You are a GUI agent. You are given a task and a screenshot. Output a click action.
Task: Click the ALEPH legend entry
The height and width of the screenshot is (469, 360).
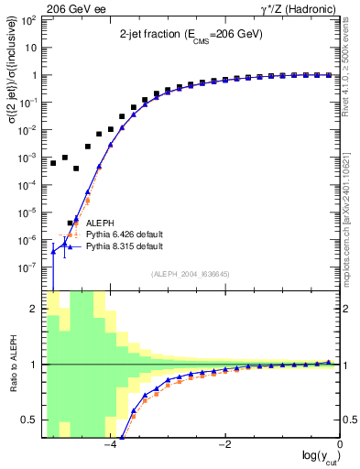[x=101, y=223]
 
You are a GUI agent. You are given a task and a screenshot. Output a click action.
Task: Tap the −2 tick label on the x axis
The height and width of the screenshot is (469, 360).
[x=224, y=445]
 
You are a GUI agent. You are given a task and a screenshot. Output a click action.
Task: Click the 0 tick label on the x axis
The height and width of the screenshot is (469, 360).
[x=340, y=445]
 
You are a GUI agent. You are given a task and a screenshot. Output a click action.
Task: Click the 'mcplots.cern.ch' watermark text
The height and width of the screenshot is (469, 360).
[x=352, y=229]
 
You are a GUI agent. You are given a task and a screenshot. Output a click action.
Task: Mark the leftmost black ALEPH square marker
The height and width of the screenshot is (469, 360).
[x=53, y=163]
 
